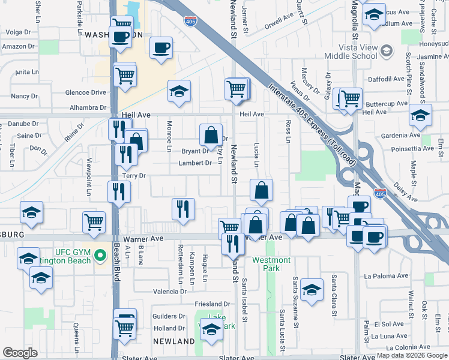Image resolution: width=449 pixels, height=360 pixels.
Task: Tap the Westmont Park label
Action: coord(271,264)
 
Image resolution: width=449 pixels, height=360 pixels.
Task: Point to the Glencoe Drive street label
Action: coord(86,92)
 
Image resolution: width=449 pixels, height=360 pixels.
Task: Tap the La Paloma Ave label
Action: coord(386,276)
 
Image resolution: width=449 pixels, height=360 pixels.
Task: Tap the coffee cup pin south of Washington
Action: coord(161,47)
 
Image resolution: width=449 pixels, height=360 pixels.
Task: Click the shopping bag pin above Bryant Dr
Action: coord(211,135)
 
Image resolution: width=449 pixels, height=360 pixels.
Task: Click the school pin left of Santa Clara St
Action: coord(312,289)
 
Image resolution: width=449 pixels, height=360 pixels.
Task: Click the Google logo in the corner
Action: coord(20,353)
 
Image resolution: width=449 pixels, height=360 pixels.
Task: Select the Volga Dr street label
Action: coord(17,32)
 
